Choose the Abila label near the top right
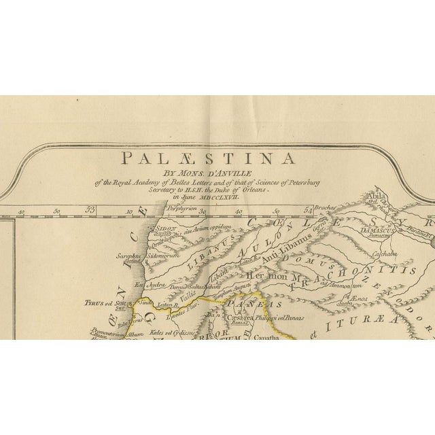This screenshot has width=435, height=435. point(375,196)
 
